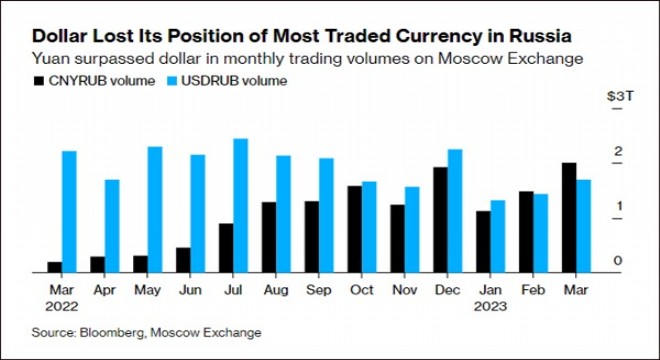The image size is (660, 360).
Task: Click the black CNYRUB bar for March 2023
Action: pyautogui.click(x=569, y=217)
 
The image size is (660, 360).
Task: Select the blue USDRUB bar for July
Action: pyautogui.click(x=240, y=205)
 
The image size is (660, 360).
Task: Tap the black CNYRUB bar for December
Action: pyautogui.click(x=440, y=219)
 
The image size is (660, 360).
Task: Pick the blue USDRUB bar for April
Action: pyautogui.click(x=112, y=225)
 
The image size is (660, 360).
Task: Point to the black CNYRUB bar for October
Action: pyautogui.click(x=355, y=228)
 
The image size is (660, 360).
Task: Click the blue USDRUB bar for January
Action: pyautogui.click(x=498, y=235)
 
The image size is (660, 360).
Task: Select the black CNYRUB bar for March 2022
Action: pyautogui.click(x=54, y=266)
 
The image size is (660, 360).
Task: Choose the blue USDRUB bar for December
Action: pyautogui.click(x=455, y=210)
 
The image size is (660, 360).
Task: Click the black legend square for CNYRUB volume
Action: pyautogui.click(x=38, y=80)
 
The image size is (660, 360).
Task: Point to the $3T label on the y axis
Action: pyautogui.click(x=618, y=96)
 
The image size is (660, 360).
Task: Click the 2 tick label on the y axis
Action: pyautogui.click(x=619, y=152)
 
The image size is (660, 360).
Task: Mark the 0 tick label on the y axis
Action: pyautogui.click(x=619, y=261)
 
